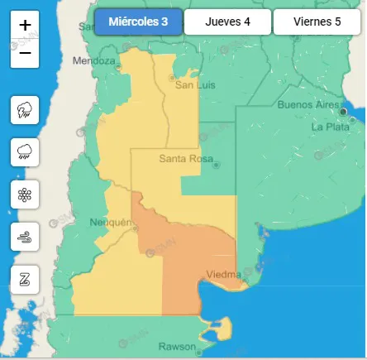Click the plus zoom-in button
25,26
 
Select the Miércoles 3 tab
137,22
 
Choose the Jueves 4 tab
227,22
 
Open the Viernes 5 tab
317,22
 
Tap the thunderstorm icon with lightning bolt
25,110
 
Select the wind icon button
25,238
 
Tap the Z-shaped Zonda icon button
25,280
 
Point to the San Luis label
195,84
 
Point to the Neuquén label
110,222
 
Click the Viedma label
223,274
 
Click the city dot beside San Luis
172,79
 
